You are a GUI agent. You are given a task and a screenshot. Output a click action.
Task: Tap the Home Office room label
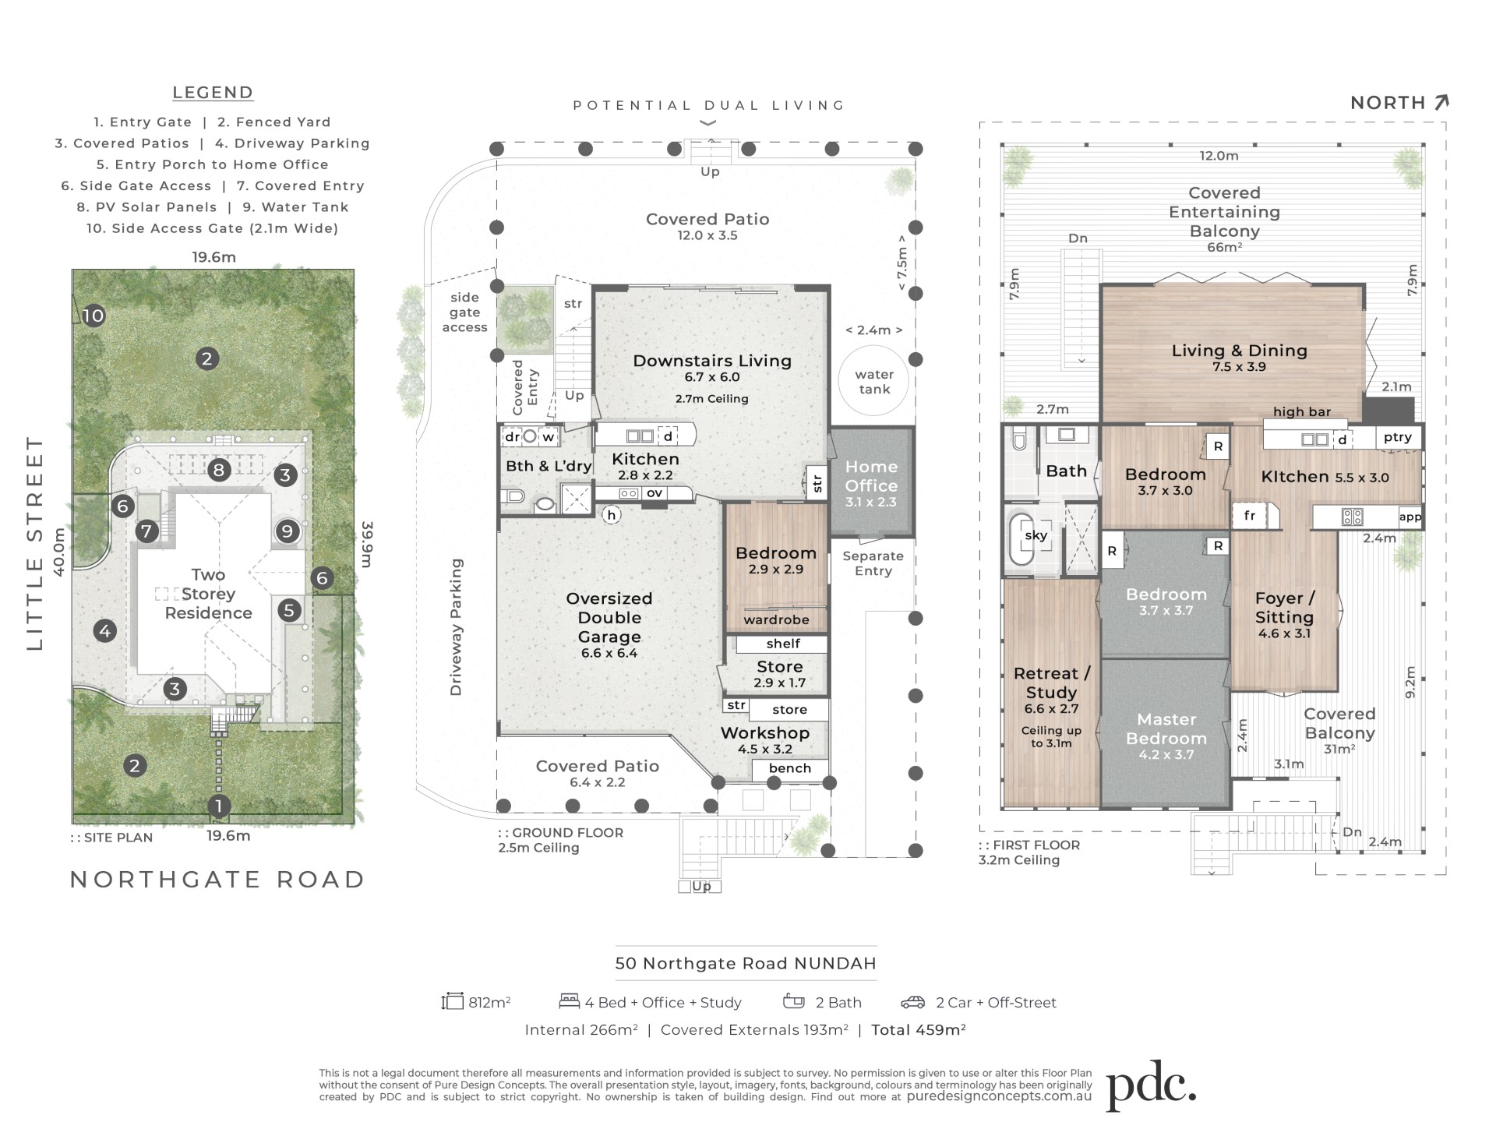871,475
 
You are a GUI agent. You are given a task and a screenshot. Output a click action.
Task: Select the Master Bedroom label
1166,729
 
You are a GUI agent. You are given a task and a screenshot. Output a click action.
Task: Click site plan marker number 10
93,316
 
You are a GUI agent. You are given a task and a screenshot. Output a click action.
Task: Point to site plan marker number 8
219,470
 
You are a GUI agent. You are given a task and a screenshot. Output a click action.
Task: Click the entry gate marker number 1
219,806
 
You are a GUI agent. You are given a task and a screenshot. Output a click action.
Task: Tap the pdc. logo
1151,1084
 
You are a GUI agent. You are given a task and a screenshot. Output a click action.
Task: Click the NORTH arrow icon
1441,102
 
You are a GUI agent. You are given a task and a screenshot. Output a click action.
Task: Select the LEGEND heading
213,93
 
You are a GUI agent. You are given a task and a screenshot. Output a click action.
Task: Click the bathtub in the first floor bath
1021,539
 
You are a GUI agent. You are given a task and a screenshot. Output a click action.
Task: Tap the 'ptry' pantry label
1398,437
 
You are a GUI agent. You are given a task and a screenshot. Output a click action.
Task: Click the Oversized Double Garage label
609,617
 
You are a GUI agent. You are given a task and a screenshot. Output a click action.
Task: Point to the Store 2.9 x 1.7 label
780,674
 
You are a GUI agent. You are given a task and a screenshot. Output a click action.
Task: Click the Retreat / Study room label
1052,683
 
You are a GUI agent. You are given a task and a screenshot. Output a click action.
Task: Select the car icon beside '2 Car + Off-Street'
913,1002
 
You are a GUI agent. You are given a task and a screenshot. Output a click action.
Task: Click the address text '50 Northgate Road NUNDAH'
746,963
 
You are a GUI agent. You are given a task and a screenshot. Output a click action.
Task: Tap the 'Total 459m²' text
919,1030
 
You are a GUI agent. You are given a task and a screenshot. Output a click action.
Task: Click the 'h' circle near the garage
612,514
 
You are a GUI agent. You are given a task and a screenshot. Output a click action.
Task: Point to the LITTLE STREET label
36,543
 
